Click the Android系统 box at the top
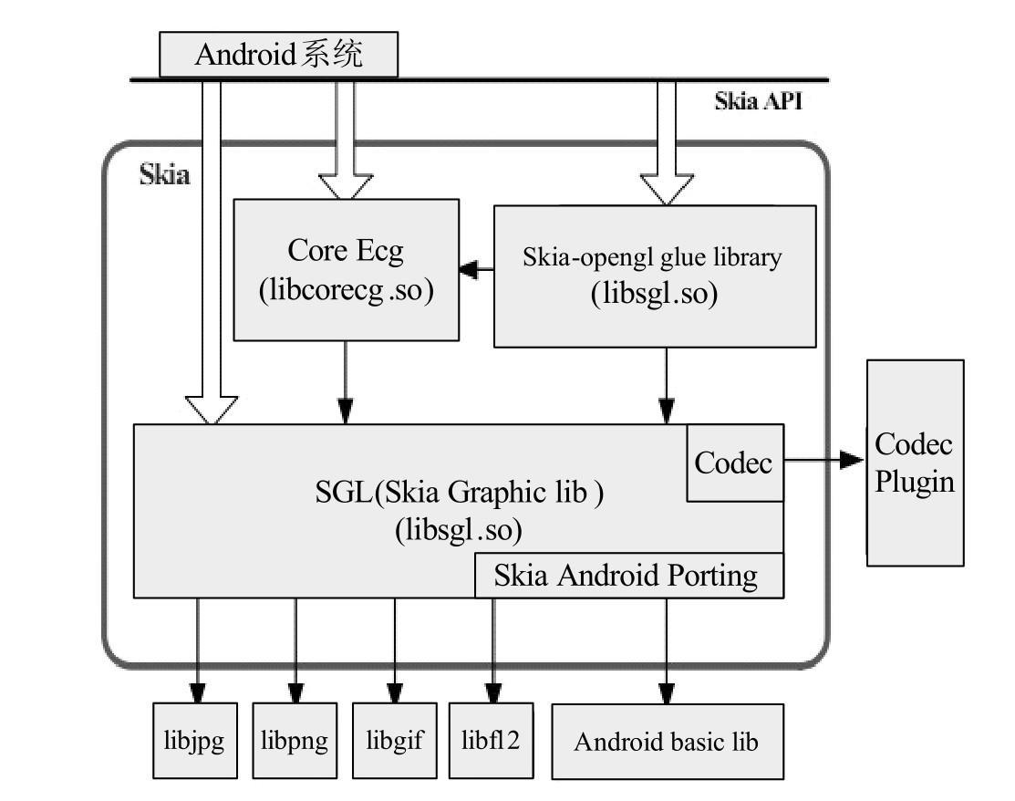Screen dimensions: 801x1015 [x=279, y=55]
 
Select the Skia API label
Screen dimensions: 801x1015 [x=758, y=101]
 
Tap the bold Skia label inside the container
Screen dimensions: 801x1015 [x=164, y=174]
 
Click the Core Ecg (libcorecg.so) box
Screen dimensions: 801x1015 [x=346, y=269]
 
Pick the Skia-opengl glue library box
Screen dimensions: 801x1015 [x=654, y=276]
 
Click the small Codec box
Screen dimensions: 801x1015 [x=733, y=463]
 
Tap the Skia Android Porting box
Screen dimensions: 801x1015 [x=628, y=576]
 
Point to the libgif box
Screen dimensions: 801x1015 [x=395, y=739]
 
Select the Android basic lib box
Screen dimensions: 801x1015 [x=667, y=741]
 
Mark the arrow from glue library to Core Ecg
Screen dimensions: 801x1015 [x=476, y=269]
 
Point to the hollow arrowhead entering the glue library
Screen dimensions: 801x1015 [x=667, y=188]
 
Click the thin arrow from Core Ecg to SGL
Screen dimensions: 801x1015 [x=346, y=382]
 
